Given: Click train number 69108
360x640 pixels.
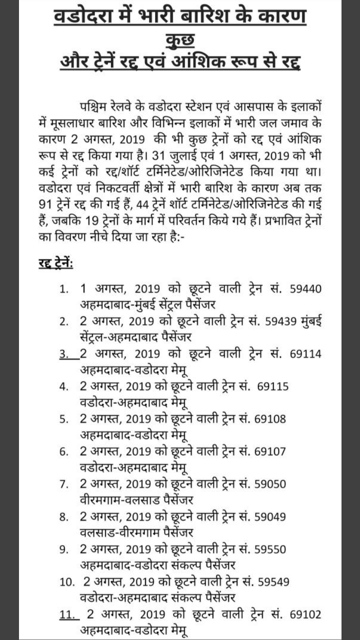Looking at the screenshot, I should pos(270,418).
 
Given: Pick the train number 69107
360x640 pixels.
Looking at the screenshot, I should pos(270,451).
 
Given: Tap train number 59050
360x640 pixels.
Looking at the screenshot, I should pos(270,483).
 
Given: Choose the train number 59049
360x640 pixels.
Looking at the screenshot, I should pos(270,516).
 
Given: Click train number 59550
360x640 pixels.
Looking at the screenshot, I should pos(270,548).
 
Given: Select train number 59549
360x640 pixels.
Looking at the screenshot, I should pos(272,581).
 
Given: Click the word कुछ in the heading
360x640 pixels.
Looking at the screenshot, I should pos(180,40).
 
